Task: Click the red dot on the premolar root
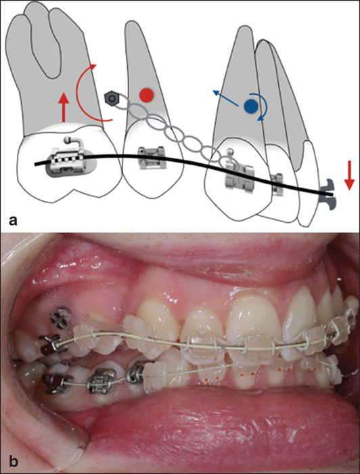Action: pyautogui.click(x=147, y=95)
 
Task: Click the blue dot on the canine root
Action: pyautogui.click(x=251, y=106)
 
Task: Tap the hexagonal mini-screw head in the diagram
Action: pyautogui.click(x=111, y=99)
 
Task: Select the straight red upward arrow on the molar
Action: pyautogui.click(x=64, y=107)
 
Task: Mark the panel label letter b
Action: pyautogui.click(x=14, y=461)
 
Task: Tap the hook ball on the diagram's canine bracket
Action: pyautogui.click(x=231, y=151)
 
